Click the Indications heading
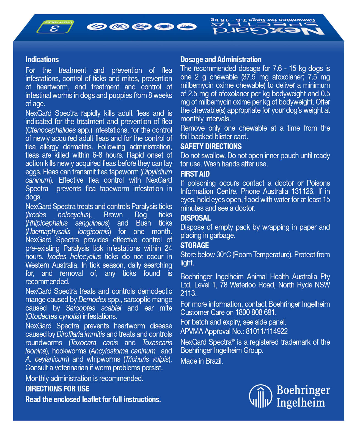click(x=42, y=60)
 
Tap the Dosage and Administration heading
click(x=221, y=60)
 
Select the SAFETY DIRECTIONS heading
click(x=211, y=146)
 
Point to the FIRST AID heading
click(x=195, y=174)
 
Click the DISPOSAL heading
click(x=196, y=218)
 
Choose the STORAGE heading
click(x=195, y=245)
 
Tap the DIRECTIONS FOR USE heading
click(x=57, y=389)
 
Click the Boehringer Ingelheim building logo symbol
click(x=260, y=396)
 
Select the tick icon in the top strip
click(x=164, y=26)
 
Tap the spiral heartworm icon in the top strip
click(x=119, y=26)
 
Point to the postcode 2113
click(x=188, y=294)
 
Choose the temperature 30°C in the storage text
click(x=224, y=255)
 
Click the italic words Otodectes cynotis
click(x=53, y=316)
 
